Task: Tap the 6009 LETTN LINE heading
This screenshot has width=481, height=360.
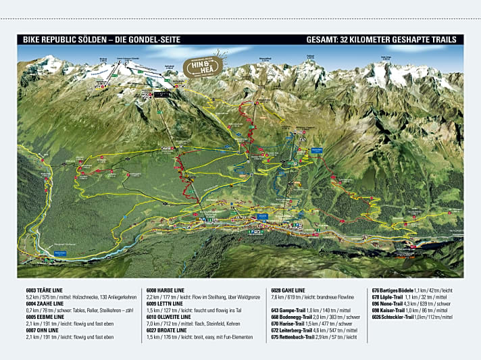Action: (x=168, y=303)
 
